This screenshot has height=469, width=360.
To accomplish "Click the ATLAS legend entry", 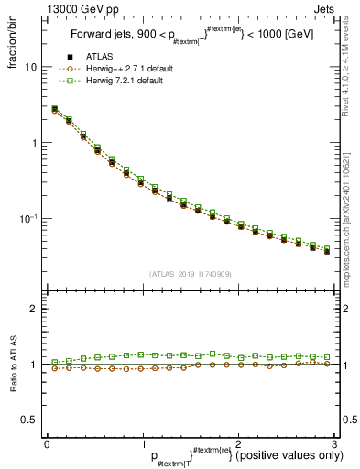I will pyautogui.click(x=102, y=57).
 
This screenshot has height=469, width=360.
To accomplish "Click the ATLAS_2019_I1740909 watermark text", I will pyautogui.click(x=189, y=274).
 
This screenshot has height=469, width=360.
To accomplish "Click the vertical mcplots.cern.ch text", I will pyautogui.click(x=352, y=229).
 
